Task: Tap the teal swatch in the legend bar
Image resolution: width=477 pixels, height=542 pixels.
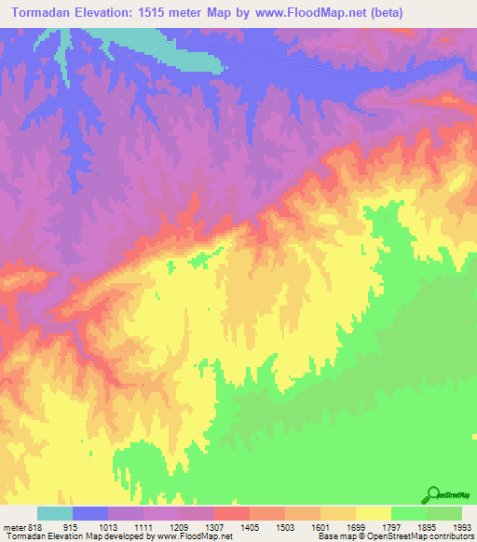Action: (x=54, y=514)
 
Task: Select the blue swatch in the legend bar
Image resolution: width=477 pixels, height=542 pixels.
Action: (x=89, y=514)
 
